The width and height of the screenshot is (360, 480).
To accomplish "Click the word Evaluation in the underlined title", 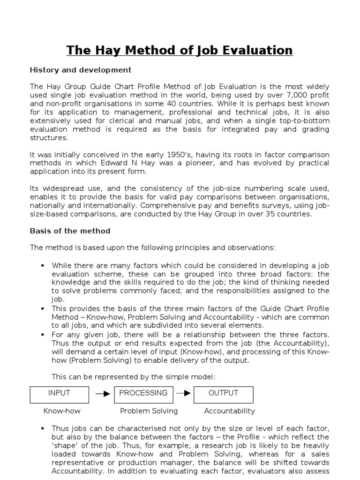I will pos(256,50).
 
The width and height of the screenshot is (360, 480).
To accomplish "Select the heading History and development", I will pos(80,70).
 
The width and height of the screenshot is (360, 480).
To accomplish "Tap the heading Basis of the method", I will pos(70,231).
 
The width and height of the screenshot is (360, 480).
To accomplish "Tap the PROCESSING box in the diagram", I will pos(143,394).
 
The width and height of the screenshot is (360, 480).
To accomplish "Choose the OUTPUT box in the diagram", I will pos(223,394).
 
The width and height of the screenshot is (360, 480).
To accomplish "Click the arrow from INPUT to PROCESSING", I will pos(103,394).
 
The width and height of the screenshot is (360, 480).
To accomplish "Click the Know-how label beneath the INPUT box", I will pos(62,411).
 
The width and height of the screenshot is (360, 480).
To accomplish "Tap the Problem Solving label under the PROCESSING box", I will pos(149,411).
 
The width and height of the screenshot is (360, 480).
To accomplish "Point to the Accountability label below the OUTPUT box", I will pos(229,411).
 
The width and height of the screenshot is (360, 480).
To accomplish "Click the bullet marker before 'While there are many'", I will pos(42,265).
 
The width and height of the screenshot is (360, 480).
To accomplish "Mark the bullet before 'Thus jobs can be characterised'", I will pos(42,428).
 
